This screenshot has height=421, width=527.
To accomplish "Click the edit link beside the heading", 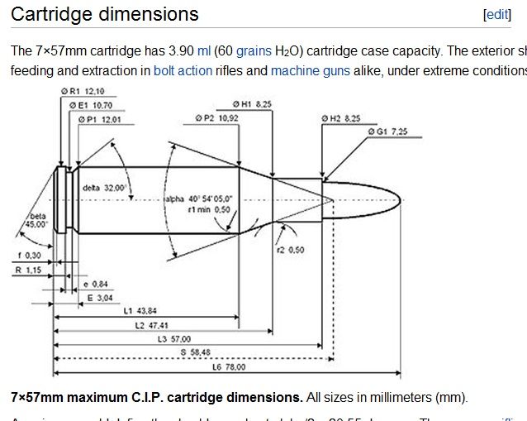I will [497, 15].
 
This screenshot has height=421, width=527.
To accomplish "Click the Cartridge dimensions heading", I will [105, 14].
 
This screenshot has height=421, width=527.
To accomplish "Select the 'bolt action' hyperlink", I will [183, 71].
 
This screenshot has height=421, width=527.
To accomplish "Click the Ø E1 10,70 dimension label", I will [92, 106].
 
